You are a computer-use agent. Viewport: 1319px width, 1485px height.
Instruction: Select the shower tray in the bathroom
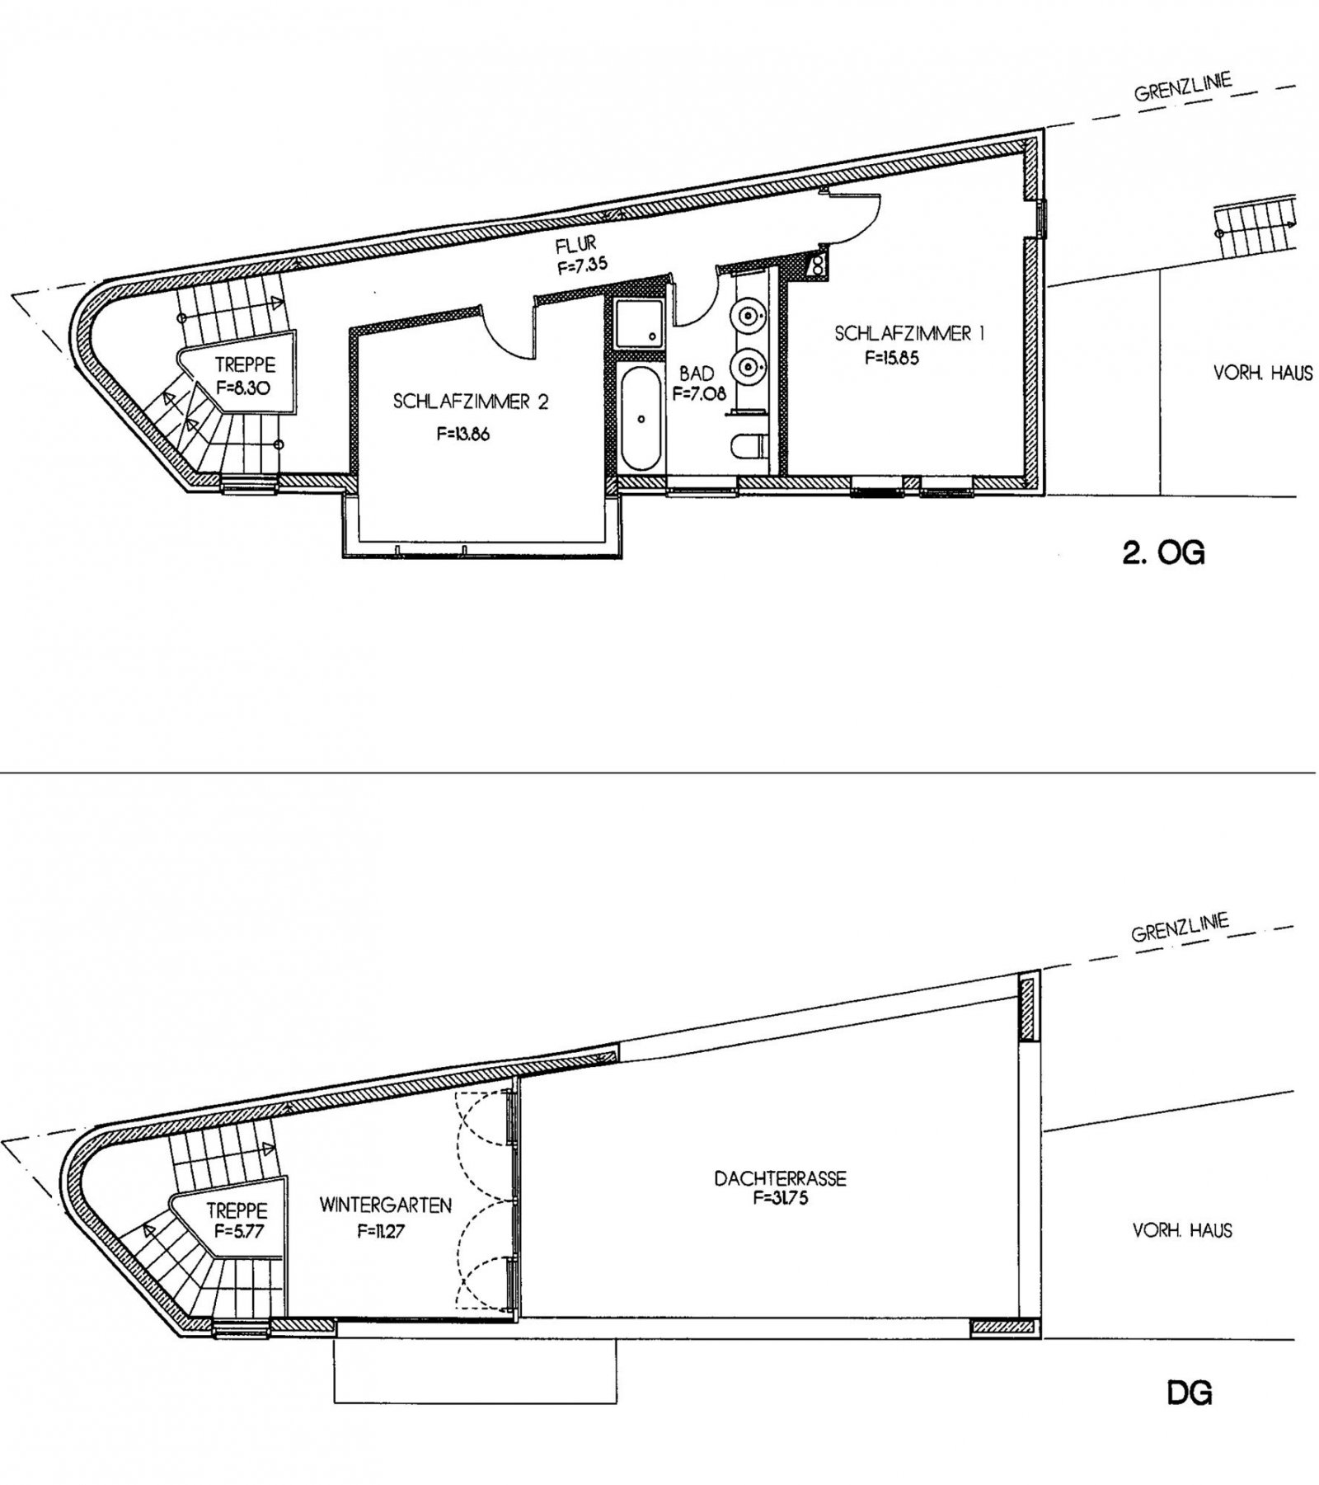(x=641, y=323)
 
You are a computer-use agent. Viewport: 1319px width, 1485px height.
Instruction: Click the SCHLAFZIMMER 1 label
(x=909, y=334)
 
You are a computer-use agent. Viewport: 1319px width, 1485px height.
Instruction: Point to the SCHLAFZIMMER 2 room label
(x=471, y=402)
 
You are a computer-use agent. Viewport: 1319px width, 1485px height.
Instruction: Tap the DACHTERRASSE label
(x=780, y=1178)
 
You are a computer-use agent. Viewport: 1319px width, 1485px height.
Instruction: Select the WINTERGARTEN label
(x=386, y=1205)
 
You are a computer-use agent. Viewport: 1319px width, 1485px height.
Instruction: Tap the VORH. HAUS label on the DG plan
(x=1183, y=1230)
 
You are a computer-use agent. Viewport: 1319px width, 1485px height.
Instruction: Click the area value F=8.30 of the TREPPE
(x=244, y=386)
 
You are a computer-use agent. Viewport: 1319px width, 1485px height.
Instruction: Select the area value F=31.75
(x=780, y=1198)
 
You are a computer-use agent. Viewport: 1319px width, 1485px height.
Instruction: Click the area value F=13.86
(x=463, y=434)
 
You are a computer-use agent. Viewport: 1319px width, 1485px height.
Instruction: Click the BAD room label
(x=697, y=374)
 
